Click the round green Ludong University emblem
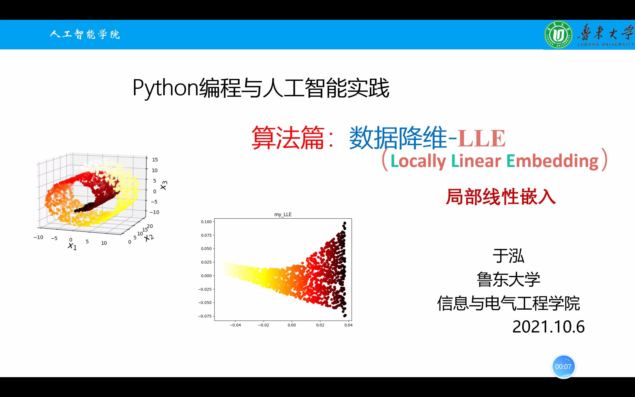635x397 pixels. click(x=558, y=35)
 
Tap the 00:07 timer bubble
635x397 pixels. click(x=563, y=366)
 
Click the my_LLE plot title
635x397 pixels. click(x=283, y=215)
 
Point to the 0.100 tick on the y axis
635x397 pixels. click(x=206, y=222)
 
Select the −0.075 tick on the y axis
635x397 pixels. click(x=205, y=316)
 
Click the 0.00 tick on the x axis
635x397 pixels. click(x=291, y=325)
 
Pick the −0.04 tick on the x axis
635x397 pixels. click(x=235, y=325)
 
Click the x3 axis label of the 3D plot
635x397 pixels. click(x=163, y=185)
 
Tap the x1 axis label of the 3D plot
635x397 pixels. click(x=72, y=246)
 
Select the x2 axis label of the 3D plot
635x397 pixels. click(x=149, y=237)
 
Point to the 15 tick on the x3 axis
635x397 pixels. click(x=155, y=160)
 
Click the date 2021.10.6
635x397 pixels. click(x=548, y=327)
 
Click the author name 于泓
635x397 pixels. click(x=508, y=256)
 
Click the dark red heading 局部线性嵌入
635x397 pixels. click(x=501, y=197)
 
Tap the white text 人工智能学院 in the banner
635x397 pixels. click(x=85, y=34)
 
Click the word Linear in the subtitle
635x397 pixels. click(x=476, y=161)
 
